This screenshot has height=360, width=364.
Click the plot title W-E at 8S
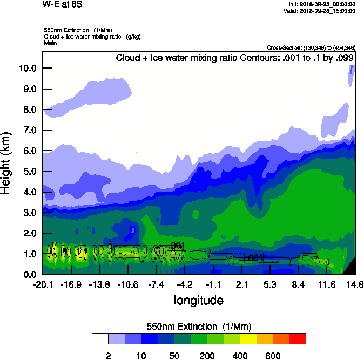[x=63, y=4]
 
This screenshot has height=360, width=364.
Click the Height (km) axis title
[x=7, y=162]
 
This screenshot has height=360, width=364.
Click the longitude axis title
[x=198, y=300]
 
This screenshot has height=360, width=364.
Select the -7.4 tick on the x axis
[x=156, y=284]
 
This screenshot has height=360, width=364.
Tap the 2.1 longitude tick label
[x=241, y=284]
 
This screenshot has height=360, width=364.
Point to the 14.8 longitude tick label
[x=355, y=284]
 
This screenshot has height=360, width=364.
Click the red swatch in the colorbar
[x=298, y=338]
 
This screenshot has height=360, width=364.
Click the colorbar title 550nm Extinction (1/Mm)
[x=199, y=327]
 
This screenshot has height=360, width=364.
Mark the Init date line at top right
[x=322, y=4]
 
